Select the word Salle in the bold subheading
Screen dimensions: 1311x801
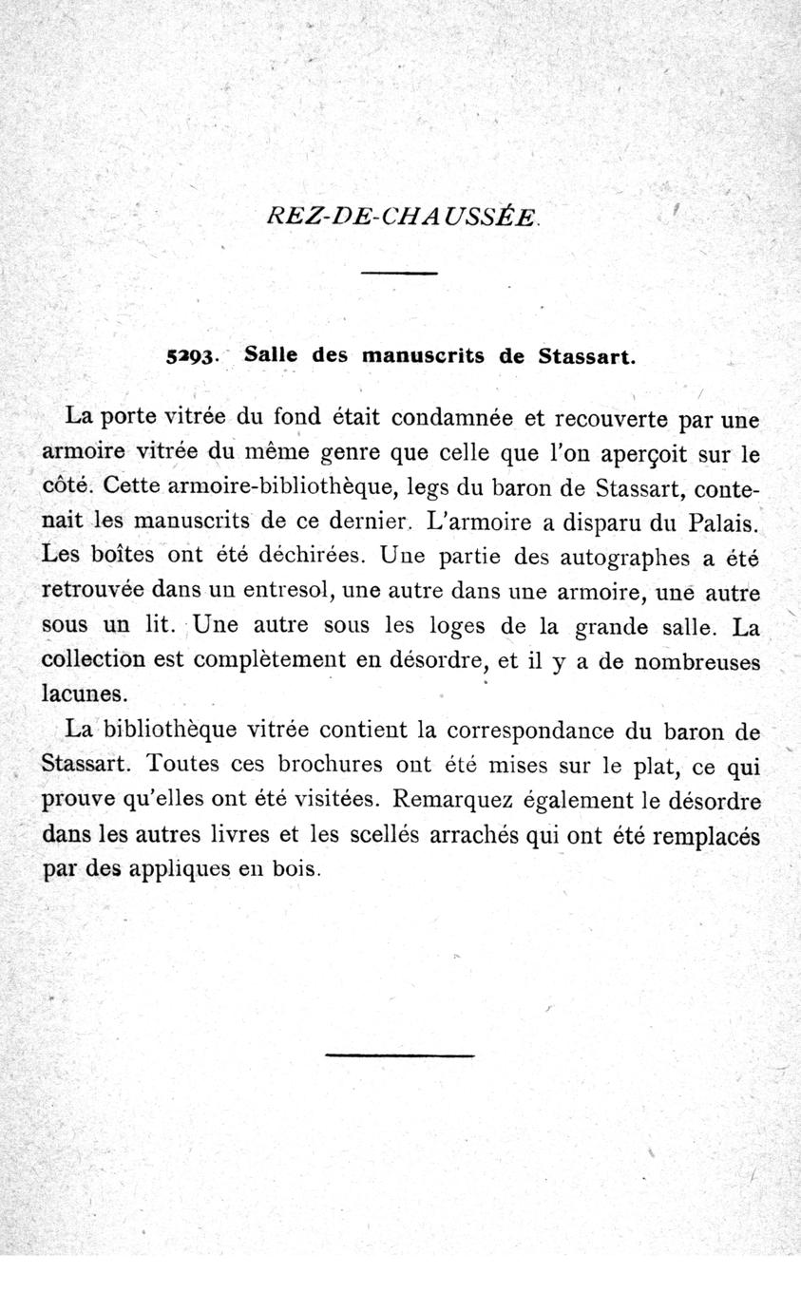(271, 355)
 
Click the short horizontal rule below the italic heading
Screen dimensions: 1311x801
(399, 274)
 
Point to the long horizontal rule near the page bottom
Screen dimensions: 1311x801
(399, 1054)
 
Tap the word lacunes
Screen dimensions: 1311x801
(85, 693)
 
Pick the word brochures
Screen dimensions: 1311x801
(324, 765)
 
